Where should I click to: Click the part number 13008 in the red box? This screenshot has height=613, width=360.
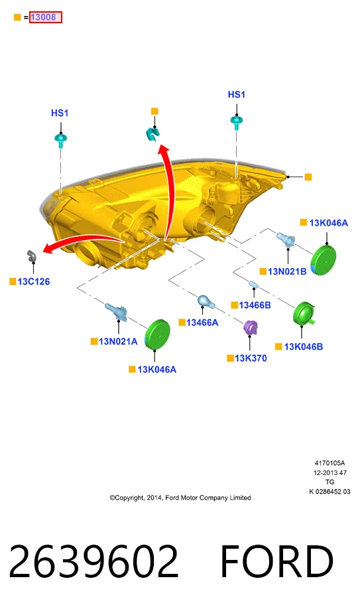[x=43, y=17]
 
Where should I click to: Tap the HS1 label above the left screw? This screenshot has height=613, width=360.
[x=60, y=113]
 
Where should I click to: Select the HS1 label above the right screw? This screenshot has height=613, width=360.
[x=237, y=95]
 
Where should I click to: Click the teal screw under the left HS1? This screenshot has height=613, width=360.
[x=60, y=139]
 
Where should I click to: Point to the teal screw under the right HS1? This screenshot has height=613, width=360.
[x=236, y=121]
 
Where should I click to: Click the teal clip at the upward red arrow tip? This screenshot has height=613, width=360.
[x=152, y=134]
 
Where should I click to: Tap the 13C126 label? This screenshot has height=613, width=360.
[x=34, y=281]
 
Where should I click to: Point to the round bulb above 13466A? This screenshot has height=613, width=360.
[x=204, y=301]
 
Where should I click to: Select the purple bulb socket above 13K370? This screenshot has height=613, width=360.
[x=251, y=328]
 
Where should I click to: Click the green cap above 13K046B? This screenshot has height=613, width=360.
[x=304, y=314]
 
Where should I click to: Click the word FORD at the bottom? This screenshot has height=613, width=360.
[x=276, y=561]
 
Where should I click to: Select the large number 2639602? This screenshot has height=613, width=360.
[x=93, y=561]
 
